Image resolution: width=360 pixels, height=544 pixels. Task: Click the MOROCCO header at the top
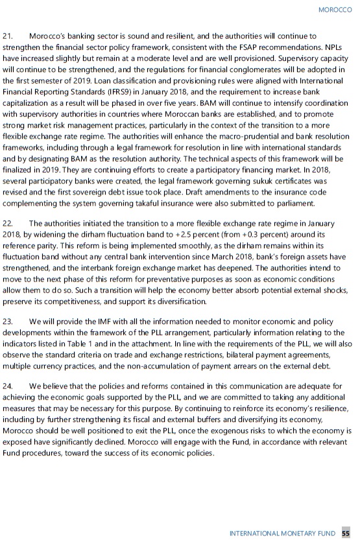[x=335, y=10]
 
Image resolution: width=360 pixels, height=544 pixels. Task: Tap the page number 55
[x=346, y=533]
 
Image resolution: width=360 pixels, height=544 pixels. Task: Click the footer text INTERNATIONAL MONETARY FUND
[x=282, y=533]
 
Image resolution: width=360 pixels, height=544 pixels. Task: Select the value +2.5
[x=193, y=234]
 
